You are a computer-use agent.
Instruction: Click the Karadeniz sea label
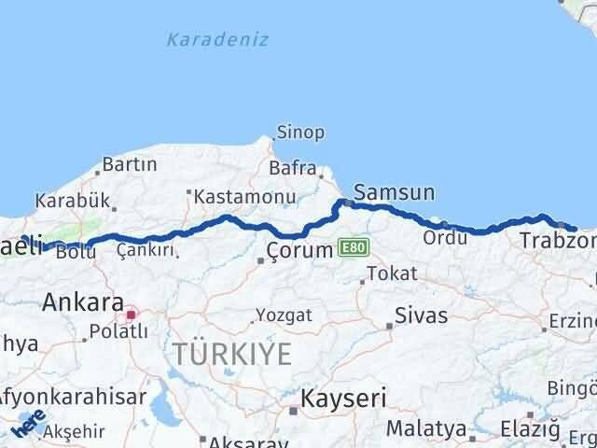217,39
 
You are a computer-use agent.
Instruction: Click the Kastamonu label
245,197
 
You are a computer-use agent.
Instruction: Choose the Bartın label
129,164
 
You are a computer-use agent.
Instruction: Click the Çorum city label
299,250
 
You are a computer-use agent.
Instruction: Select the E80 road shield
354,247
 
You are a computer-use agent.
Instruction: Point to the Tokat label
392,273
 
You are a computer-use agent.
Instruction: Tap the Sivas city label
422,315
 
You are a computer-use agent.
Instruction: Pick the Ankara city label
84,302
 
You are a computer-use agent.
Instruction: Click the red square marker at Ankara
131,315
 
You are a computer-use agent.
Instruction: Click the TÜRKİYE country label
230,354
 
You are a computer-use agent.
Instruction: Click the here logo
27,426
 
